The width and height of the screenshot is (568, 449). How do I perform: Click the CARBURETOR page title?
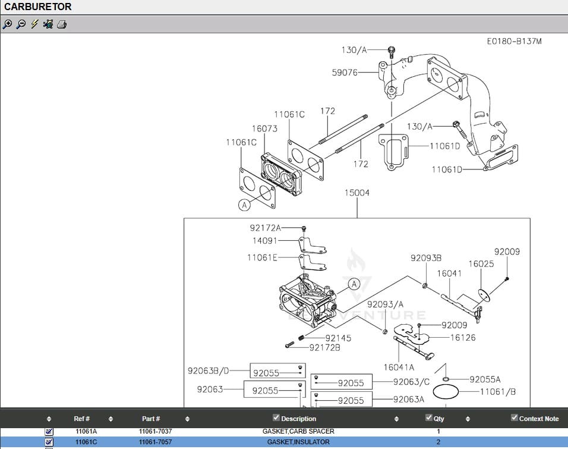pos(38,7)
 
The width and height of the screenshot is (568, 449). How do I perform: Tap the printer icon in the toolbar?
pos(62,24)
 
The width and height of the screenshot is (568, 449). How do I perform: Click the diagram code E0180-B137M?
pos(514,41)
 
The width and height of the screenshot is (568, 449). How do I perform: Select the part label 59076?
pos(345,73)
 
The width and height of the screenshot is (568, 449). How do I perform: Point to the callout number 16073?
pos(264,128)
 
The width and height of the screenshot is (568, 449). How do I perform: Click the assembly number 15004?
pos(356,193)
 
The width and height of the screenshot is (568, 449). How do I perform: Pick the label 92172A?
pos(265,228)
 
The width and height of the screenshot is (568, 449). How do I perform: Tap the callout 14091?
pos(266,241)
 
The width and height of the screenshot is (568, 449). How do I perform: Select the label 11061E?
pos(263,258)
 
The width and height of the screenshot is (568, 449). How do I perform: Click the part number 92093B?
pos(426,258)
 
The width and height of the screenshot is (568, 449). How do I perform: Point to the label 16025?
pos(481,263)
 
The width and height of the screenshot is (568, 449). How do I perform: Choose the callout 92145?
pos(338,338)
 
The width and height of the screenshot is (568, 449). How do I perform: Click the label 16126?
pos(462,337)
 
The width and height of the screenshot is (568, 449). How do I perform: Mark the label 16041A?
pos(399,368)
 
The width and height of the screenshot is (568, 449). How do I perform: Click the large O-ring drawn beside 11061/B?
pos(447,392)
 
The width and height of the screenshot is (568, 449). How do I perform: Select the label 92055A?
pos(485,379)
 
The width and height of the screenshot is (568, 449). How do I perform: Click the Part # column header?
pos(150,419)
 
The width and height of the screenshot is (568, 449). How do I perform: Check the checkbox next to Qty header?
pos(429,417)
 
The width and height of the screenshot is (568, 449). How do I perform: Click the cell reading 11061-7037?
pos(155,431)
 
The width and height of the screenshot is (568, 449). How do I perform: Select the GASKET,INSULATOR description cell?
pos(298,442)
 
